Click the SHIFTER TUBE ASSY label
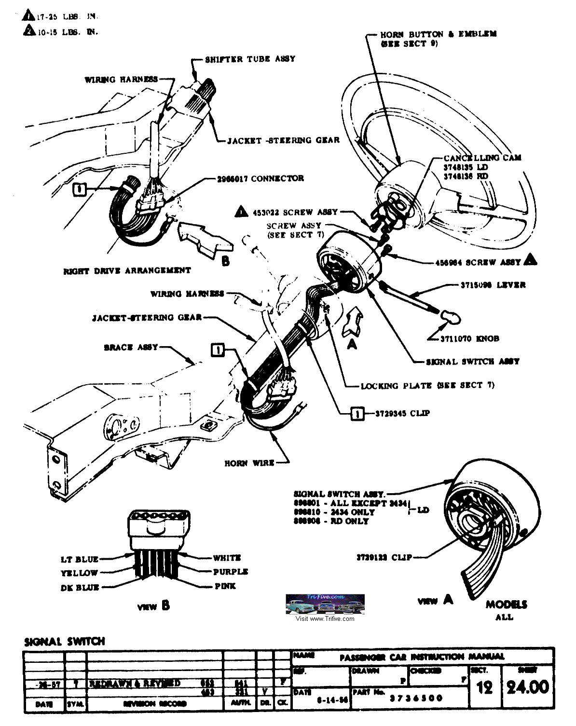coord(250,59)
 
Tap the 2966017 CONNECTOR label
coord(260,178)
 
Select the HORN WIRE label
coord(249,463)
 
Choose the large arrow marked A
coord(351,322)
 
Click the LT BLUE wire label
coord(80,559)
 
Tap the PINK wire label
coord(225,586)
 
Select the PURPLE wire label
coord(230,572)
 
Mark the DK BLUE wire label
coord(80,587)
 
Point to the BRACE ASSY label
coord(131,347)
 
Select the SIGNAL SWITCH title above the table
coord(64,642)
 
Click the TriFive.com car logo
coord(325,605)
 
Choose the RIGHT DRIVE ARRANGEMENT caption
coord(127,270)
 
